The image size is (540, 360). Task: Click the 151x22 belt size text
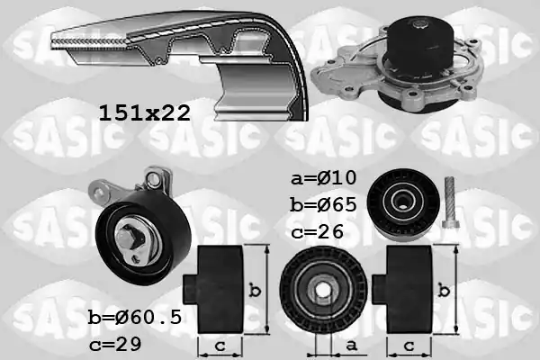pyautogui.click(x=145, y=113)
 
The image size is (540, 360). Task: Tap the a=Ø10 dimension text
pyautogui.click(x=324, y=178)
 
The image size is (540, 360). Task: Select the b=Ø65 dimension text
pyautogui.click(x=324, y=204)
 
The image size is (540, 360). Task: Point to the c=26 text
pyautogui.click(x=317, y=231)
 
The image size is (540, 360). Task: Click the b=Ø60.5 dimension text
pyautogui.click(x=135, y=317)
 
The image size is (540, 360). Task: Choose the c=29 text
pyautogui.click(x=115, y=344)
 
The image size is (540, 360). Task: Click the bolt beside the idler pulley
pyautogui.click(x=449, y=202)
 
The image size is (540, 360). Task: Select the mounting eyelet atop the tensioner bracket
pyautogui.click(x=153, y=179)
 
